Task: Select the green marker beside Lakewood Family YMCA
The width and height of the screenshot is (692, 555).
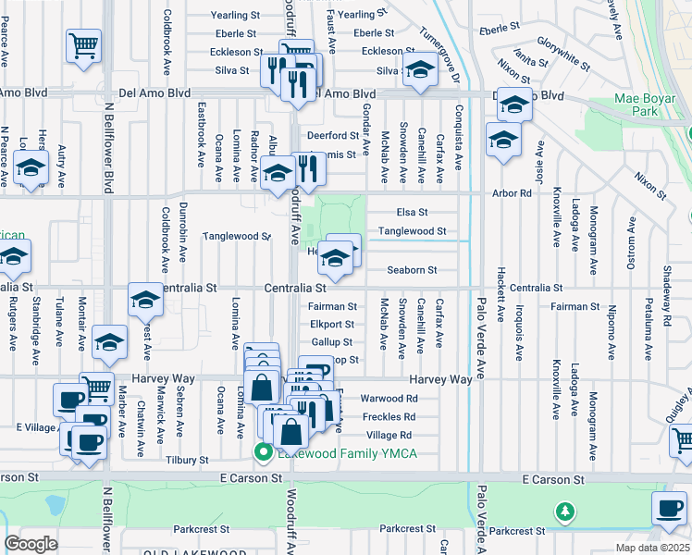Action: click(263, 452)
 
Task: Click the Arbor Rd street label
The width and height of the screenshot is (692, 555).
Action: click(513, 193)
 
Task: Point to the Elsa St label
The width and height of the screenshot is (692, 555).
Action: click(412, 213)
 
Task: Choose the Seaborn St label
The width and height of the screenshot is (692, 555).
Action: click(411, 270)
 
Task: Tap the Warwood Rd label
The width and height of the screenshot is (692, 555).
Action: click(389, 399)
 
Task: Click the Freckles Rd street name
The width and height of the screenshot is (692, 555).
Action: click(389, 416)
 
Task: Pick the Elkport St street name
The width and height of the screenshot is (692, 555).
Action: click(332, 325)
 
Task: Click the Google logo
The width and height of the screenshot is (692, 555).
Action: click(31, 544)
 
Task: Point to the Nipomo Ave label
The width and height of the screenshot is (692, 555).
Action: click(612, 335)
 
